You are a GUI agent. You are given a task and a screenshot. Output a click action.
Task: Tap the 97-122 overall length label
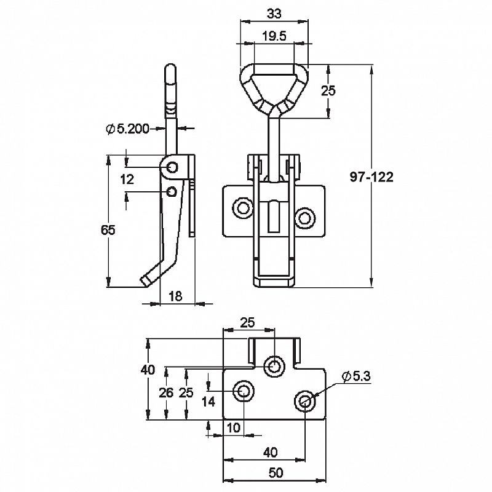click(371, 177)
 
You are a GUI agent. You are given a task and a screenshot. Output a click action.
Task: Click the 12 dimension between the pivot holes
click(127, 180)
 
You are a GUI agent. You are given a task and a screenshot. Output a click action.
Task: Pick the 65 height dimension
click(108, 231)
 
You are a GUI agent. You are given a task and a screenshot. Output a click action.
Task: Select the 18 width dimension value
click(175, 296)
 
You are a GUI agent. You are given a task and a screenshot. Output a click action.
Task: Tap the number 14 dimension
click(209, 402)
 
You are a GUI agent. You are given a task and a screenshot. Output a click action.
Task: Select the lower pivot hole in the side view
click(173, 191)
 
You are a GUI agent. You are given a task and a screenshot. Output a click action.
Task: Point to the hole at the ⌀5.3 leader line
click(305, 400)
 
